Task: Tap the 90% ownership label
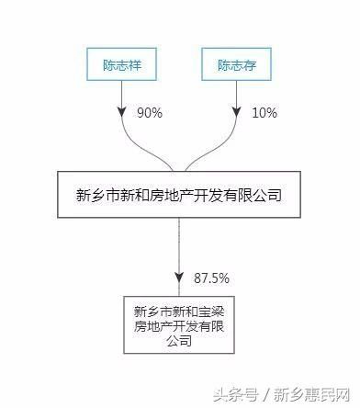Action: click(150, 112)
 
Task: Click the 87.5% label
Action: click(211, 277)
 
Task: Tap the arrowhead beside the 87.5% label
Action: click(181, 276)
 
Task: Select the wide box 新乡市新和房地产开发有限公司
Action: click(180, 194)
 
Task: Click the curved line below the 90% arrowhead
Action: click(138, 147)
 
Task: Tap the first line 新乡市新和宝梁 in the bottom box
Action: click(180, 309)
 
